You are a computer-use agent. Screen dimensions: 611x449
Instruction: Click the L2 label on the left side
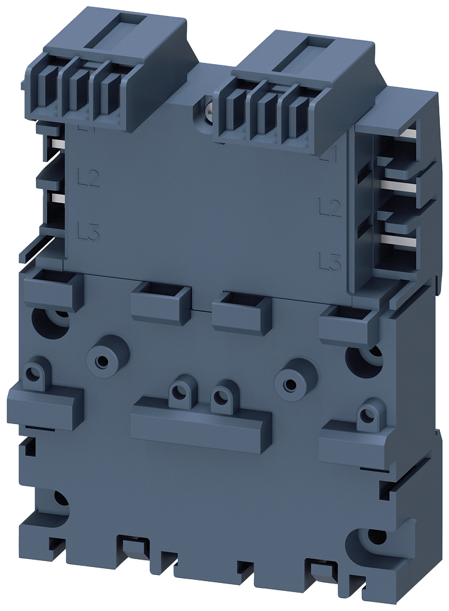[89, 178]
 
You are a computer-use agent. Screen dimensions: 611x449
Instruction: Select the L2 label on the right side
[330, 207]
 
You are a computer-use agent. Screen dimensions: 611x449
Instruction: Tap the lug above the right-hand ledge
[366, 414]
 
